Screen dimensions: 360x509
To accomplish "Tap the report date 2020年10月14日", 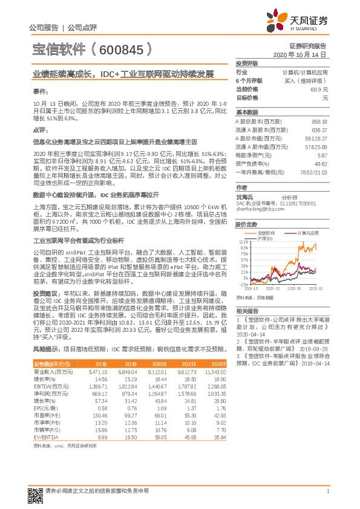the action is tap(299, 54).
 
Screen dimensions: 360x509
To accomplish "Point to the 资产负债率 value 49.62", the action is tap(320, 164).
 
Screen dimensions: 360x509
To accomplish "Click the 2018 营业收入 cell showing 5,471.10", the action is tap(97, 372).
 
